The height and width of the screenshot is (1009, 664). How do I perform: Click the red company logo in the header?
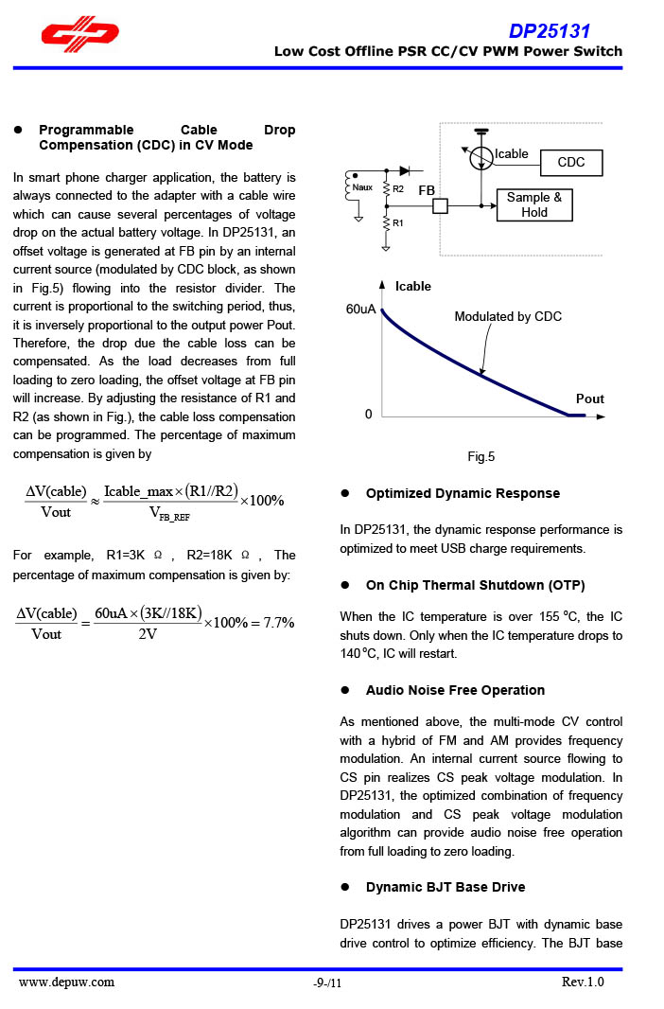pyautogui.click(x=79, y=35)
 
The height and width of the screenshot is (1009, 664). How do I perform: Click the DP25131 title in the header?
pyautogui.click(x=549, y=31)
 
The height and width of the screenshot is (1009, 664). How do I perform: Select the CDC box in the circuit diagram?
pyautogui.click(x=571, y=163)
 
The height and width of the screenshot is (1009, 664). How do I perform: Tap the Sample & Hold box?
pyautogui.click(x=534, y=204)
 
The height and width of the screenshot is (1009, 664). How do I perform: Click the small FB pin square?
pyautogui.click(x=440, y=205)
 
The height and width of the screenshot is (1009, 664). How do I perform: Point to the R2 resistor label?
pyautogui.click(x=398, y=189)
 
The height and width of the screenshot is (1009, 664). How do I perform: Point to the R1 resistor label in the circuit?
pyautogui.click(x=398, y=223)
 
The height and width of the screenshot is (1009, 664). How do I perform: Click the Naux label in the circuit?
pyautogui.click(x=362, y=188)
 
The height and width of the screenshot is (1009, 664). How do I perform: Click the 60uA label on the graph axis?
pyautogui.click(x=360, y=310)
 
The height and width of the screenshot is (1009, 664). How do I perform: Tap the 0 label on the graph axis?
pyautogui.click(x=369, y=415)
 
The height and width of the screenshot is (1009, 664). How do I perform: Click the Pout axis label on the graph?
pyautogui.click(x=589, y=398)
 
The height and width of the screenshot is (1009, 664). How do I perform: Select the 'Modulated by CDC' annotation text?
pyautogui.click(x=508, y=316)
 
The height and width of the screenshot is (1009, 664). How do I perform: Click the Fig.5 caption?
pyautogui.click(x=481, y=457)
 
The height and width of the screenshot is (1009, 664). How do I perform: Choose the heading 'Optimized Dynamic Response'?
pyautogui.click(x=463, y=493)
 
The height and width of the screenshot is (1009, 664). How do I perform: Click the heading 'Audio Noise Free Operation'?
pyautogui.click(x=455, y=690)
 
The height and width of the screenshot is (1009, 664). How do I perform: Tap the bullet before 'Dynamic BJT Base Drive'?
pyautogui.click(x=346, y=887)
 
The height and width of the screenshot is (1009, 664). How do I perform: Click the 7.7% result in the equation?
pyautogui.click(x=279, y=622)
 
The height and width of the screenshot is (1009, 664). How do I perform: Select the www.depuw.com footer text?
pyautogui.click(x=67, y=982)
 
